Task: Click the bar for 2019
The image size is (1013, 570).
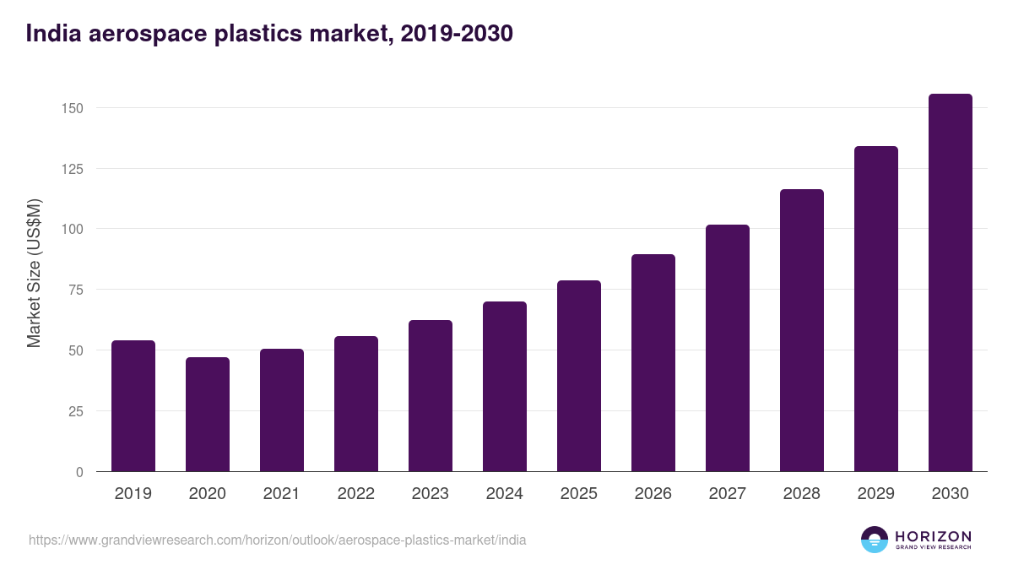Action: pos(133,406)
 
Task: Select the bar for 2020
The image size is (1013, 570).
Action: pos(208,415)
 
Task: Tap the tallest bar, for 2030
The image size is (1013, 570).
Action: pos(950,283)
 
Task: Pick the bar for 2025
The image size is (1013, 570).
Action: pos(579,376)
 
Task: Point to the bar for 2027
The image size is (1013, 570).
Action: pos(728,348)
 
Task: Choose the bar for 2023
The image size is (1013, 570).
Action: pos(431,396)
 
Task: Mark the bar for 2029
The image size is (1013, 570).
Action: pos(876,309)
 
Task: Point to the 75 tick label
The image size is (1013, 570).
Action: pos(77,290)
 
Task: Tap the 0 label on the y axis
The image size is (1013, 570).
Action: pos(80,472)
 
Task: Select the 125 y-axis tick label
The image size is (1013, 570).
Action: pos(73,169)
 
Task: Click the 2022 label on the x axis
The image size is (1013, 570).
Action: pos(356,494)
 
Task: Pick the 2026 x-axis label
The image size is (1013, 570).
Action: pos(653,494)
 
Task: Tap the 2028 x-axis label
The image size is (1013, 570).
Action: pos(802,494)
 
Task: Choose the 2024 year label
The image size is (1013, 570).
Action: pos(505,494)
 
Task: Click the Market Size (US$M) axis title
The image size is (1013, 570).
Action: pos(34,273)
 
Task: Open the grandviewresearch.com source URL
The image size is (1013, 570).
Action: pos(277,540)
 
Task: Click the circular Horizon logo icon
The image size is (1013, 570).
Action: pos(875,540)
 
